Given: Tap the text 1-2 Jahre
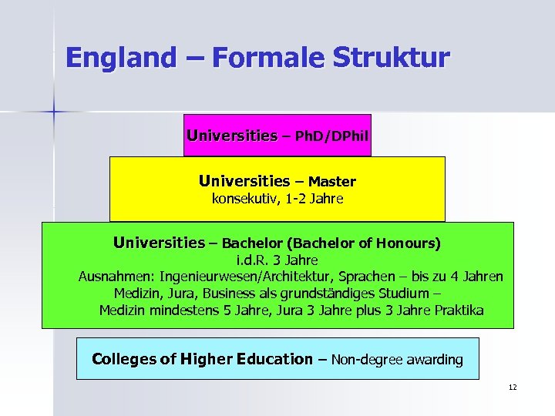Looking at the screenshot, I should (x=313, y=200).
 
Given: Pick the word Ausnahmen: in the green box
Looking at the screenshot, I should (x=111, y=277).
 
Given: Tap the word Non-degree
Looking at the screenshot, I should (x=368, y=360).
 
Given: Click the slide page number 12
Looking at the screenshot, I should (x=513, y=387).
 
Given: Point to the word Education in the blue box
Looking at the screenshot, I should (x=264, y=359).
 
